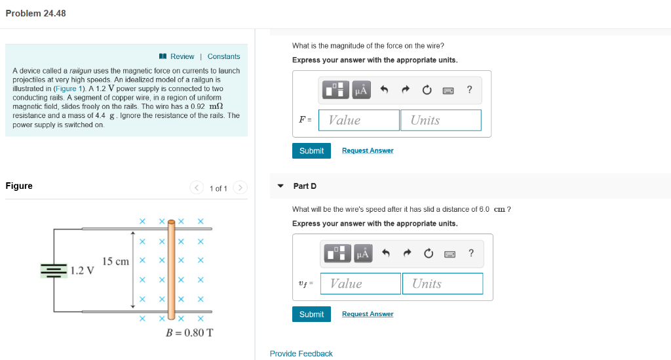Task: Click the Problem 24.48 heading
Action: tap(35, 13)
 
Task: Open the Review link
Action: tap(182, 56)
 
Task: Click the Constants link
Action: tap(223, 56)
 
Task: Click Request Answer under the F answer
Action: tap(368, 151)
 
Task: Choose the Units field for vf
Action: tap(442, 283)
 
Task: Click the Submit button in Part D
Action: tap(311, 314)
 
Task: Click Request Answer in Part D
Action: tap(368, 314)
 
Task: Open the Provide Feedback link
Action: tap(301, 353)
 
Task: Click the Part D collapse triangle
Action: tap(280, 186)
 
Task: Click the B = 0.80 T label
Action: tap(189, 332)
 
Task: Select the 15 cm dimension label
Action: tap(115, 262)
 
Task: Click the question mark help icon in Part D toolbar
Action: tap(470, 254)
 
